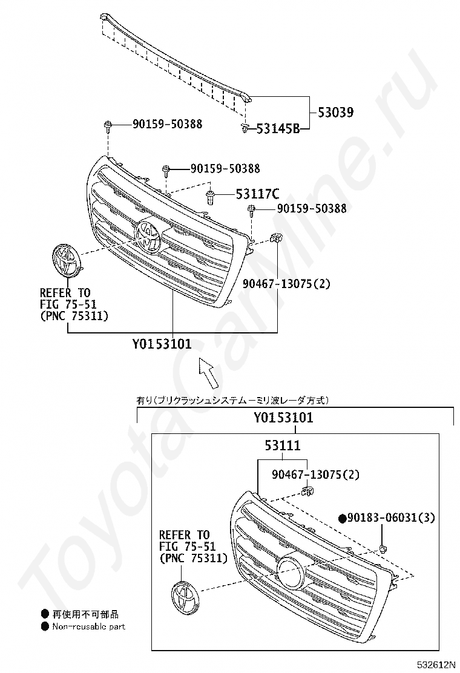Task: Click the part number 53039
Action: coord(335,113)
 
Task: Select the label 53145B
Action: coord(278,128)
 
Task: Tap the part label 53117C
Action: coord(257,194)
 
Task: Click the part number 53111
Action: coord(282,445)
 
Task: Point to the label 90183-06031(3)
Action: coord(391,517)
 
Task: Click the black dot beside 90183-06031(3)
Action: coord(343,519)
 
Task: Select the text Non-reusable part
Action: coord(88,626)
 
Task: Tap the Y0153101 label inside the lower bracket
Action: coord(283,418)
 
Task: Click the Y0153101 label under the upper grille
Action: coord(162,344)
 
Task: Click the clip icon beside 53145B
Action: coord(245,128)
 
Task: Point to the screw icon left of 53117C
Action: coord(210,197)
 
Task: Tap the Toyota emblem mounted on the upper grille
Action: coord(147,237)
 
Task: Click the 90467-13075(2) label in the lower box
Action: coord(315,474)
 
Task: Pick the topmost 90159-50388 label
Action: coord(167,124)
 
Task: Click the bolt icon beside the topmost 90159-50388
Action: coord(107,126)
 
